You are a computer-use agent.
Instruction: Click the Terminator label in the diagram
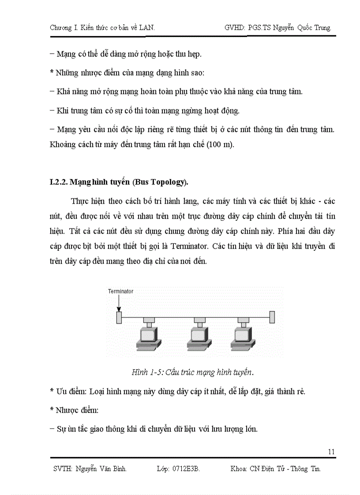120,291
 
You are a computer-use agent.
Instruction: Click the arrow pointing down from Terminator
118,303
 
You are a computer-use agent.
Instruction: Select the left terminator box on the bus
118,317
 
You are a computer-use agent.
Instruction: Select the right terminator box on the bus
272,317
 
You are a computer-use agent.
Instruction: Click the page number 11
332,451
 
